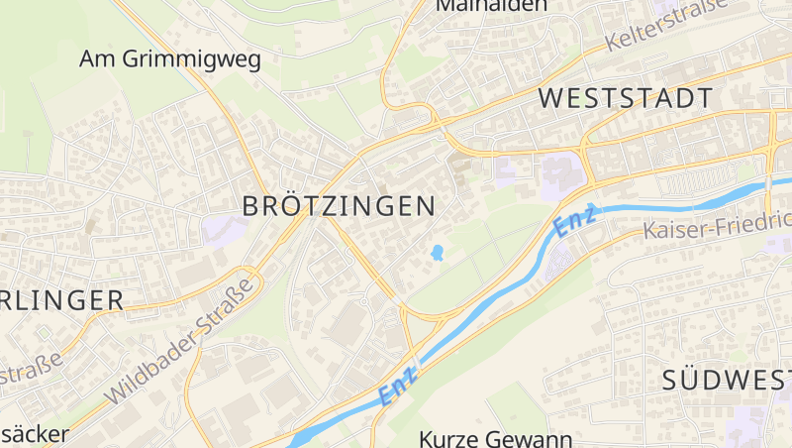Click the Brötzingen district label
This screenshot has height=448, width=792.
point(340,206)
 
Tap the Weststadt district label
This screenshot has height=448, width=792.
point(627,98)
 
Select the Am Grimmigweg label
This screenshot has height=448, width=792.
point(170,59)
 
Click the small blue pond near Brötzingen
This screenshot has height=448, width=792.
point(437,254)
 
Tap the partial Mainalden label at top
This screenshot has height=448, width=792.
point(492,6)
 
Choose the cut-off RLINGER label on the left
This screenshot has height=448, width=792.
point(61,299)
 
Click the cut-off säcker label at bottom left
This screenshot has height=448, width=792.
point(35,434)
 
